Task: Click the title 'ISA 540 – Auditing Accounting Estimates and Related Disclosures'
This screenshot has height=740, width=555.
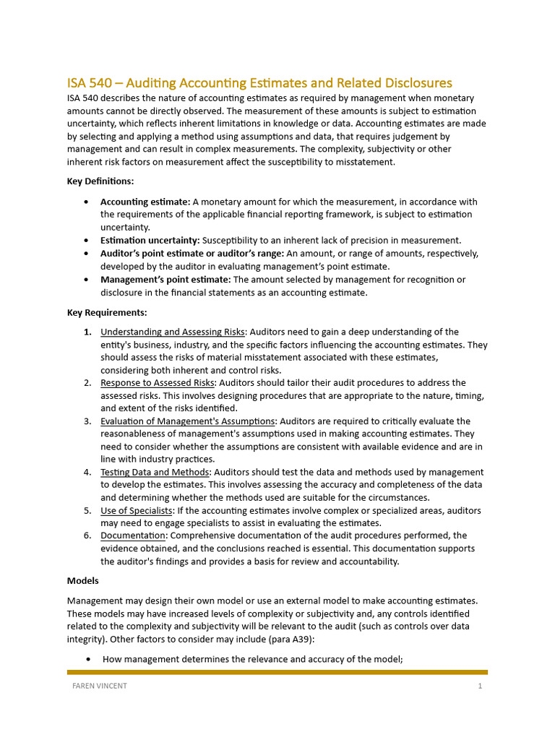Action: coord(259,83)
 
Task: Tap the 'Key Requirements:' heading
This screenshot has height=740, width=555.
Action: coord(107,313)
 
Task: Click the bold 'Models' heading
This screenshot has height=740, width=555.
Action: coord(83,581)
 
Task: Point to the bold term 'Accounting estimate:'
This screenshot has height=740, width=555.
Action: coord(145,202)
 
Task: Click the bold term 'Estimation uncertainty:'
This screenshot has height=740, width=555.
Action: coord(150,240)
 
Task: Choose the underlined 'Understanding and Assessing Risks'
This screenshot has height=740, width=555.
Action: coord(173,332)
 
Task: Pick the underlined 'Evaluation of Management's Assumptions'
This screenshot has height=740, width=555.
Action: coord(188,421)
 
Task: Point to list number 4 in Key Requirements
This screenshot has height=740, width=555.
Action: coord(87,473)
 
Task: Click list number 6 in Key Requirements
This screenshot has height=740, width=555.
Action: coord(87,536)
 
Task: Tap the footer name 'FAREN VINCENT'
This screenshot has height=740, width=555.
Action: coord(98,686)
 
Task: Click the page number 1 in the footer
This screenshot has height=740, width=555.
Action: coord(479,686)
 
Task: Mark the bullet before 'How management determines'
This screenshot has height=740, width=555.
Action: coord(87,659)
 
